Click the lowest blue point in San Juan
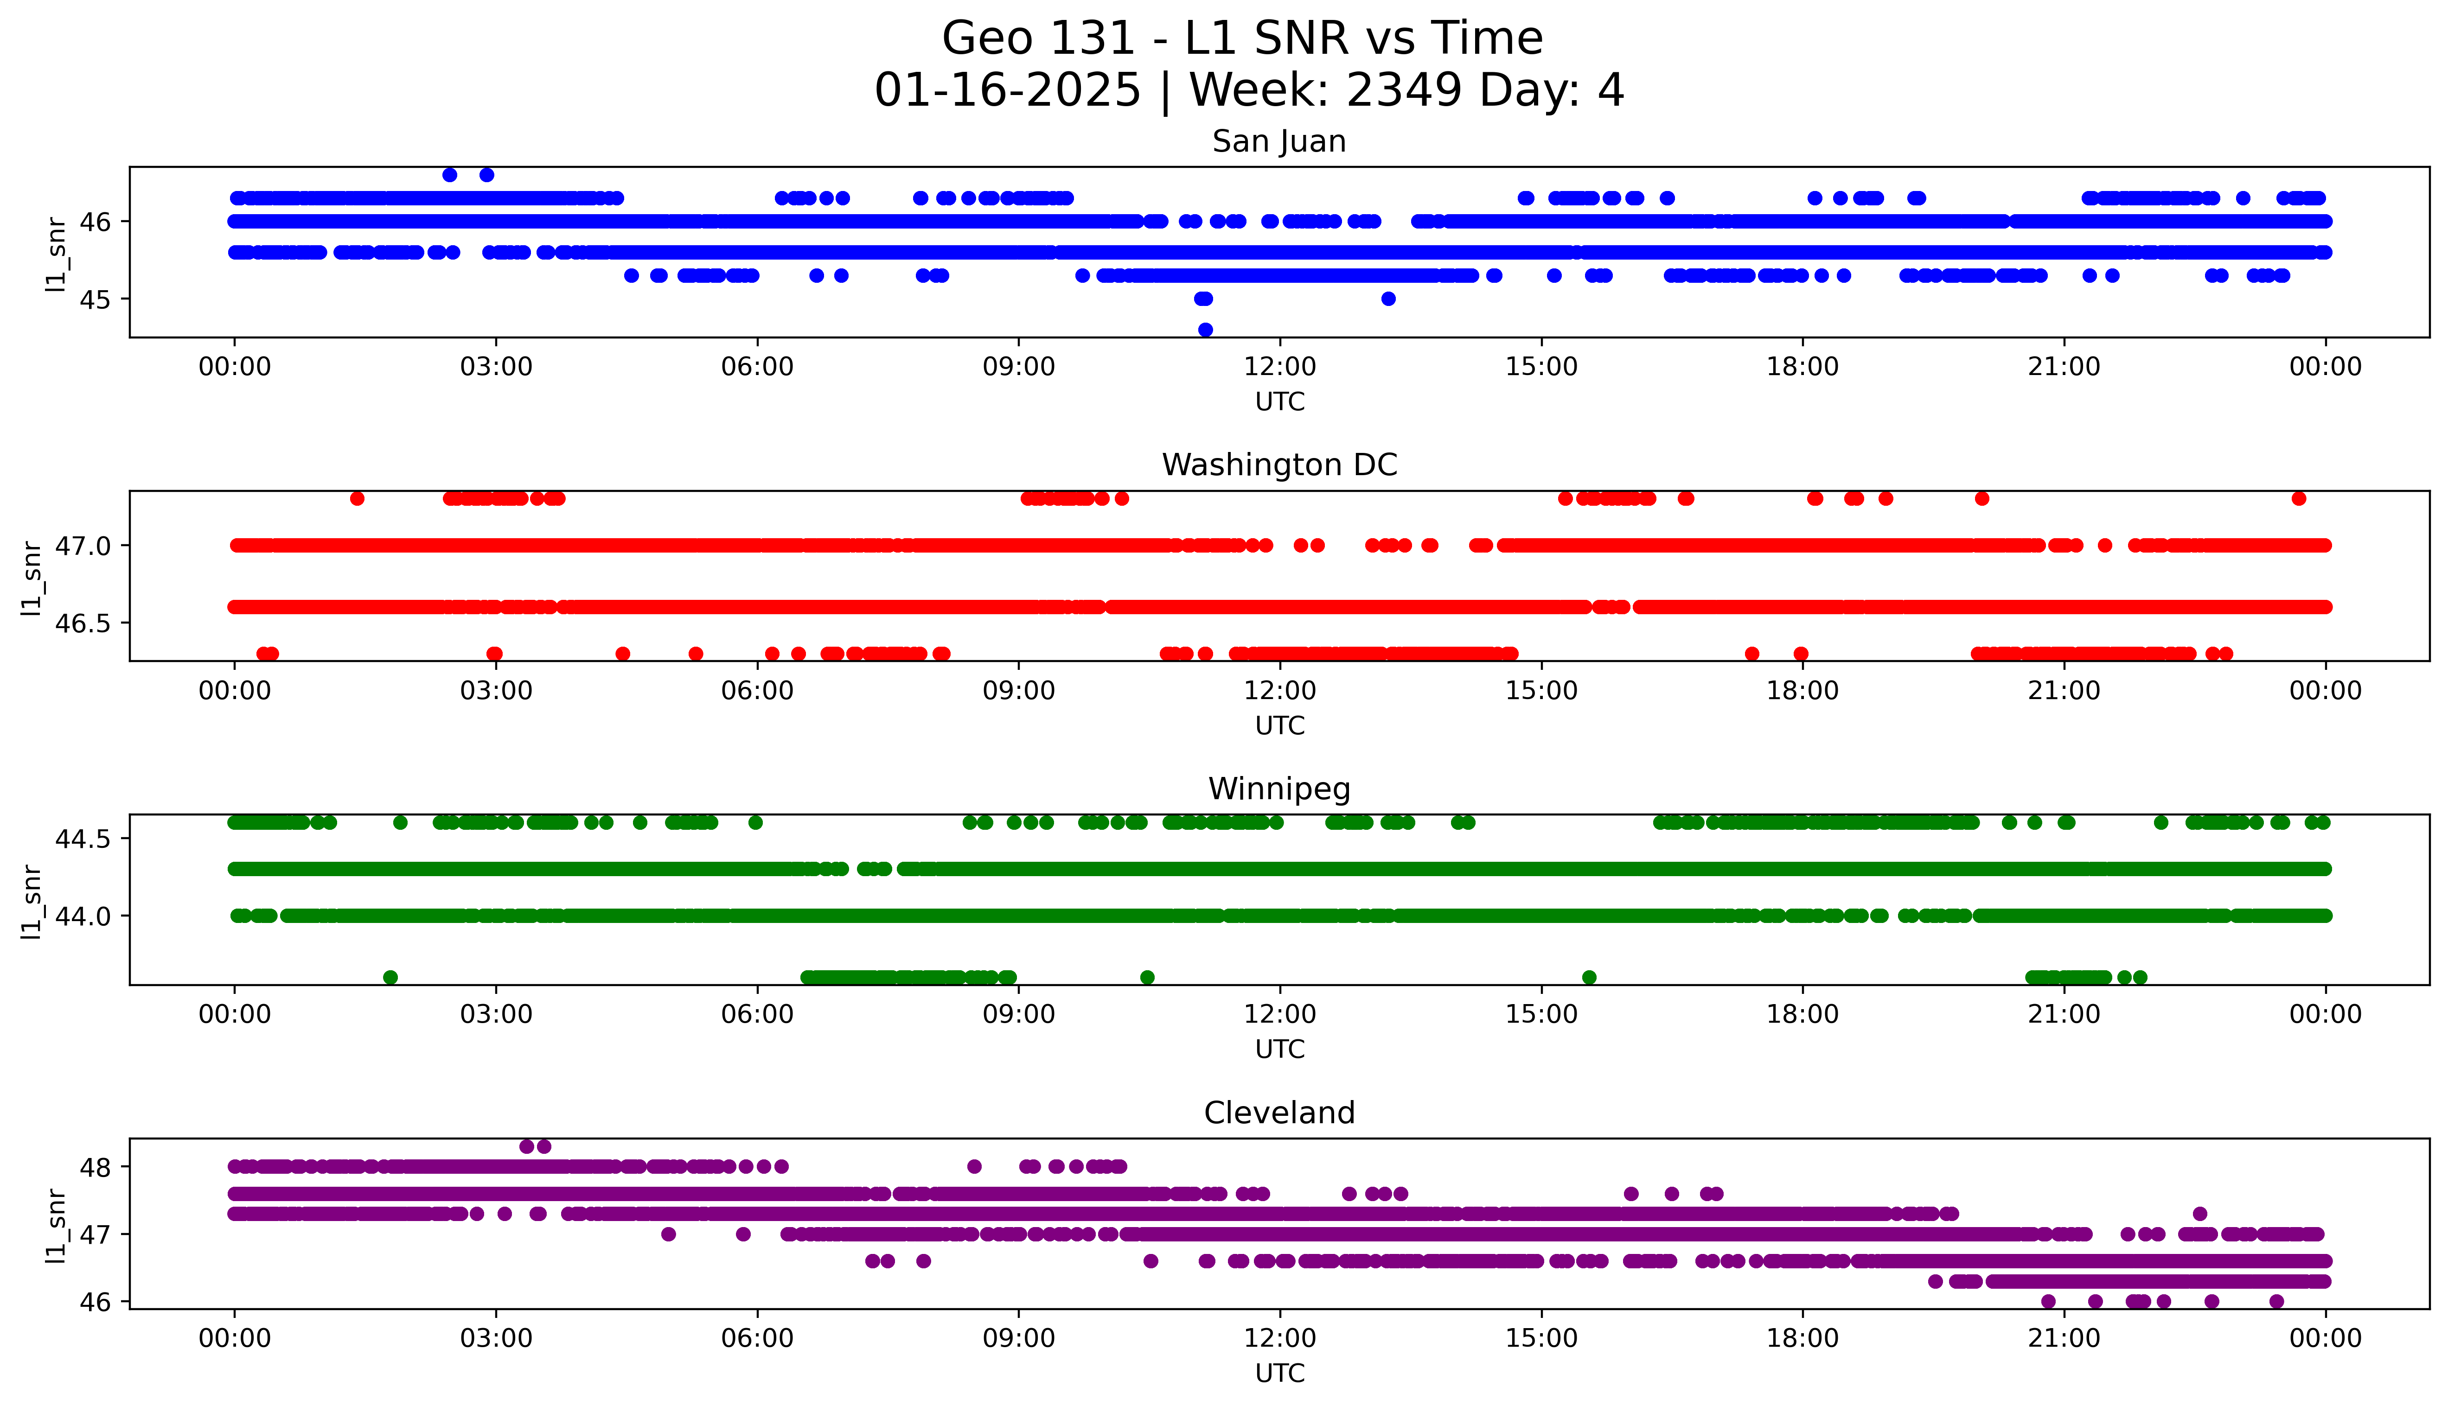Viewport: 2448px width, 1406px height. [x=1205, y=329]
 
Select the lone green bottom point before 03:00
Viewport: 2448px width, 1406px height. [x=390, y=977]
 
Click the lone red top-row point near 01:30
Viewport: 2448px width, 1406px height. [x=358, y=498]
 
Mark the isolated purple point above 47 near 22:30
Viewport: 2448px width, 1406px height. [x=2200, y=1214]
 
